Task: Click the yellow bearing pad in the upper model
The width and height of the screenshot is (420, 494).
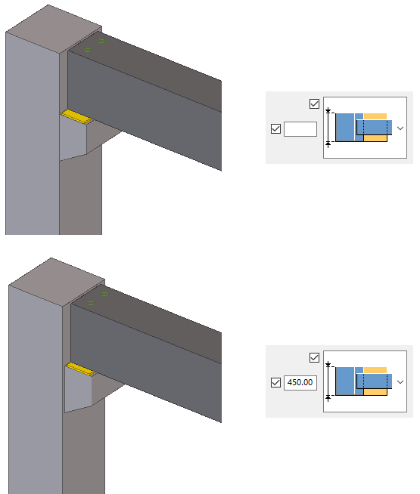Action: point(76,116)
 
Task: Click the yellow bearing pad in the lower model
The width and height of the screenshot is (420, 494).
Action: point(80,369)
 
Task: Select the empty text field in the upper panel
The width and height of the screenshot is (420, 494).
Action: point(300,129)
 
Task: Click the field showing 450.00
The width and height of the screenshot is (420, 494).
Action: point(300,382)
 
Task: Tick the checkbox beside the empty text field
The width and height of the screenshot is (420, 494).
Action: point(275,128)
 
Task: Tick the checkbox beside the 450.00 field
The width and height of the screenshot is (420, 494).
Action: point(275,382)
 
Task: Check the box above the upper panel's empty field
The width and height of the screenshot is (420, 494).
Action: point(314,103)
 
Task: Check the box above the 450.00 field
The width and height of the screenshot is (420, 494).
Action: point(314,357)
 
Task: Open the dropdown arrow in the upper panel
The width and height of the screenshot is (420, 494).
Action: point(400,128)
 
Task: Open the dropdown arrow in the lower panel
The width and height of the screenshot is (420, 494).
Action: point(400,382)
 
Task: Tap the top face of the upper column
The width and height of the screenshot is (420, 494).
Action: point(54,29)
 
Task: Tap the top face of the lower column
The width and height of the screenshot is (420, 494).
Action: point(57,281)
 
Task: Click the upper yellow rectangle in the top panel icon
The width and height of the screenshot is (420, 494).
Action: point(375,116)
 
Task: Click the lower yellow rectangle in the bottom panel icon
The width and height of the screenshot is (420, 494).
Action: point(375,392)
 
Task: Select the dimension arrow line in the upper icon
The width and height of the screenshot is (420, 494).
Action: point(328,128)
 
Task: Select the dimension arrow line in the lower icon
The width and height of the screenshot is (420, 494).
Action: point(328,381)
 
